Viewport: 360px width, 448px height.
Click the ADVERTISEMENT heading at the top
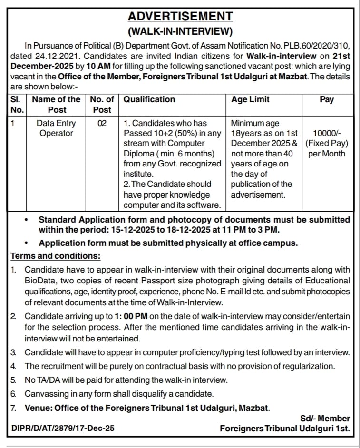pos(180,17)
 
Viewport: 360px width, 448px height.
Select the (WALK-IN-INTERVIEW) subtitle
pos(180,32)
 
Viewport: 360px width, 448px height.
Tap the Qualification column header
pos(149,99)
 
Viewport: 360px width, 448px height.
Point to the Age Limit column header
pos(250,99)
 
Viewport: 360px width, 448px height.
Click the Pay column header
pos(327,99)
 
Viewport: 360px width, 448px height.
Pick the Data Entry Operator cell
pos(56,128)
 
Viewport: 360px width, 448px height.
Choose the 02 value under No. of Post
pos(102,124)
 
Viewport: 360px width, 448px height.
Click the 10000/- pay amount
pos(327,134)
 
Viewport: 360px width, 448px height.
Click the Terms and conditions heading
pos(56,256)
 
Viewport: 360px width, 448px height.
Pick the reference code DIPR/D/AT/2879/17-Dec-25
pos(63,429)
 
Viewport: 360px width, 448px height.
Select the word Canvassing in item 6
pos(46,394)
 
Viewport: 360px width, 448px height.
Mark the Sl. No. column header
pos(17,104)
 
